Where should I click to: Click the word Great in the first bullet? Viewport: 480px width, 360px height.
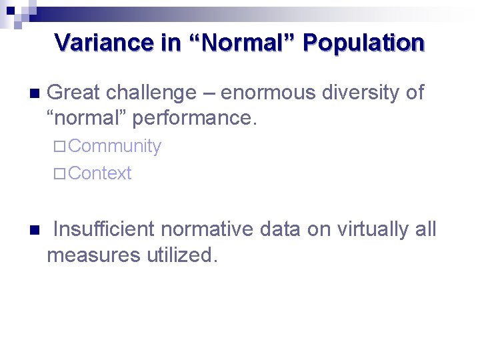click(x=74, y=93)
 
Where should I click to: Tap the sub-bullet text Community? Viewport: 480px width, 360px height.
click(x=114, y=147)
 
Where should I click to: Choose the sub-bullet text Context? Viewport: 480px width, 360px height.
click(x=99, y=173)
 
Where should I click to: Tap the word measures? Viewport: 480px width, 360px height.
click(x=93, y=255)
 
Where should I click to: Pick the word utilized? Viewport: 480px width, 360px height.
click(x=181, y=255)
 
